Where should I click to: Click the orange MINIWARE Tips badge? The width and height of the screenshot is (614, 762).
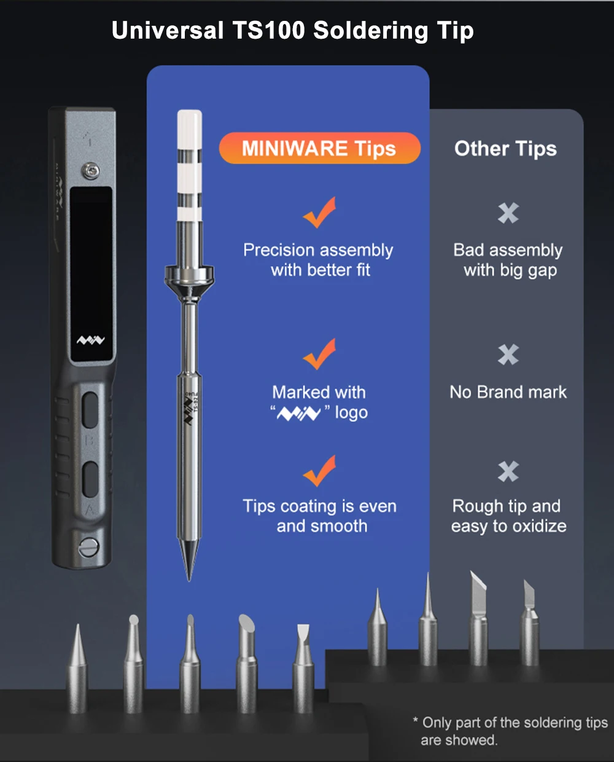[x=319, y=149]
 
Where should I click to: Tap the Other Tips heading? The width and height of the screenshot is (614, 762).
[x=505, y=149]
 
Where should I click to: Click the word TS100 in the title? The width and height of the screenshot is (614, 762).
[x=268, y=31]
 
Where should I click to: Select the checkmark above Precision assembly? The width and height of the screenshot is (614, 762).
[x=319, y=213]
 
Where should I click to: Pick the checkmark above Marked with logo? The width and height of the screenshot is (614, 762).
[x=319, y=354]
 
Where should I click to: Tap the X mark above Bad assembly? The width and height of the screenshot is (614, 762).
[x=508, y=213]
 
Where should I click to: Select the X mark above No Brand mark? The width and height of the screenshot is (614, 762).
[x=508, y=355]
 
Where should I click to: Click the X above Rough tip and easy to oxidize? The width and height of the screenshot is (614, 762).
[x=508, y=471]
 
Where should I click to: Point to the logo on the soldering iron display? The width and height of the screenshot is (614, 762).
[x=91, y=340]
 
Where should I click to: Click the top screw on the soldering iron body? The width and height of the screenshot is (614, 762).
[x=91, y=171]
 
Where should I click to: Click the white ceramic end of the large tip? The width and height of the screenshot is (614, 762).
[x=189, y=129]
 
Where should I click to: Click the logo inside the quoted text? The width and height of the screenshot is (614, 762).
[x=298, y=414]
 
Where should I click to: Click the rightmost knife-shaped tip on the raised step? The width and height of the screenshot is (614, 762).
[x=529, y=621]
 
